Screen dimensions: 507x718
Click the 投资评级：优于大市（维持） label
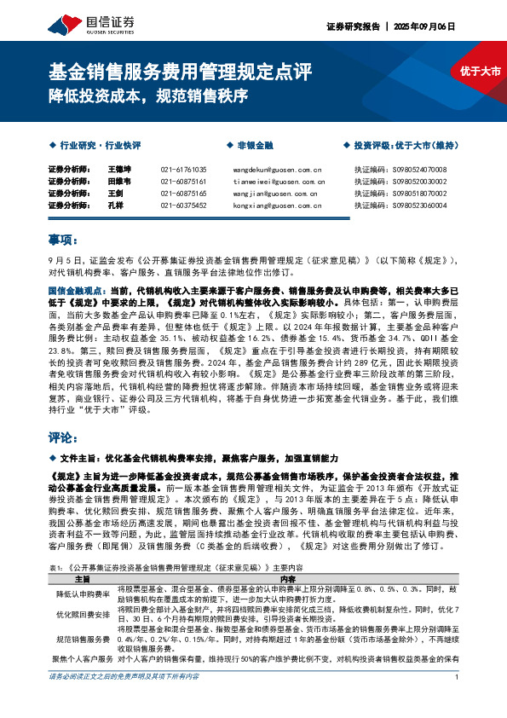point(406,146)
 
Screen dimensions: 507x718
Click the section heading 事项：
point(64,237)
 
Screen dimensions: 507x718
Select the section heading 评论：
point(64,437)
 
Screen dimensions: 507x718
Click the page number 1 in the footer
point(458,702)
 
